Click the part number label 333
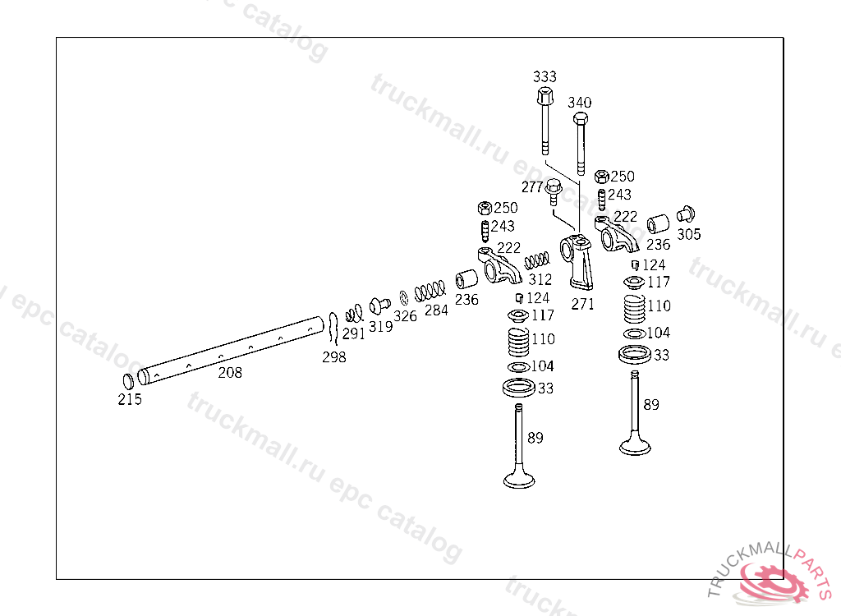tap(544, 76)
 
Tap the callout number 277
tap(533, 188)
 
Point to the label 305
tap(689, 234)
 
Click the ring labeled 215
tap(128, 382)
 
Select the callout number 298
tap(333, 357)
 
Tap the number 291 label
tap(354, 333)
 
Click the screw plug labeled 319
tap(379, 306)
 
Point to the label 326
tap(405, 316)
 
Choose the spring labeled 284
tap(430, 291)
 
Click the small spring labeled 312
tap(536, 260)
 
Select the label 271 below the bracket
tap(582, 304)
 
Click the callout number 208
tap(230, 373)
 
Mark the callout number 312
tap(540, 280)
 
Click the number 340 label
tap(579, 103)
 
